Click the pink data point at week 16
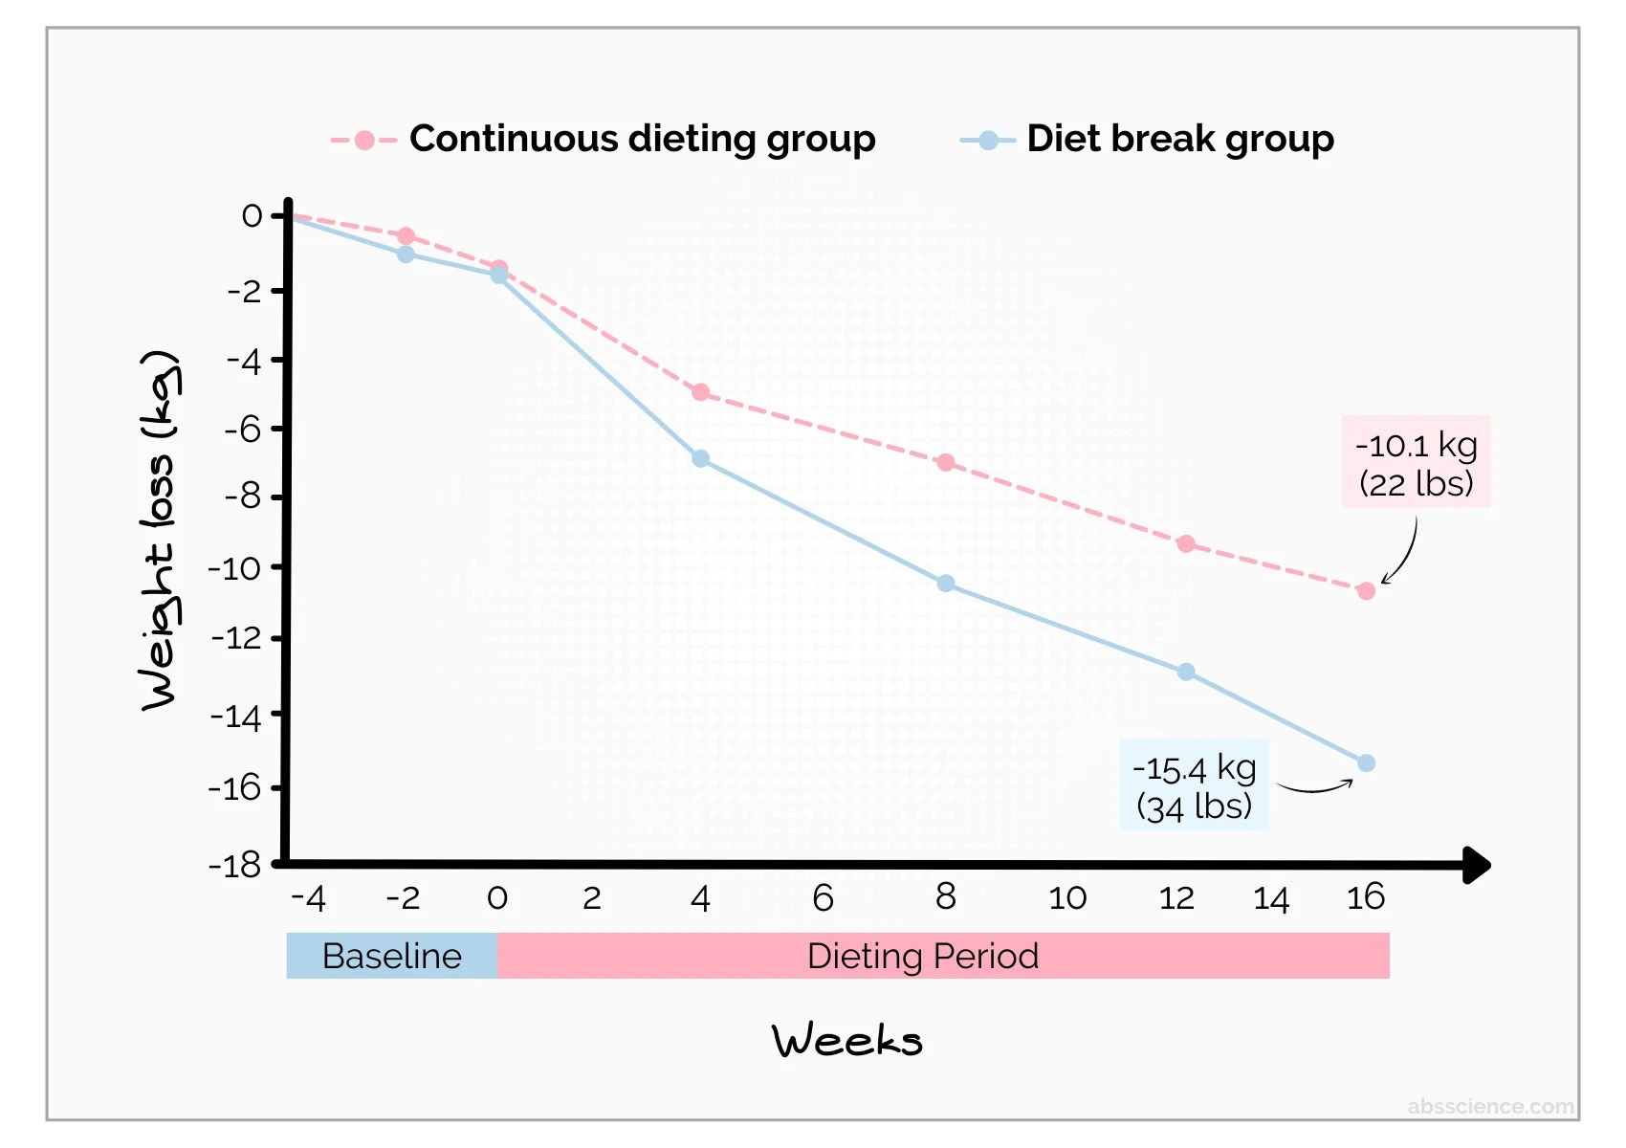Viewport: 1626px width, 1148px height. coord(1366,591)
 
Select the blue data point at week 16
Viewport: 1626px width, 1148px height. coord(1366,763)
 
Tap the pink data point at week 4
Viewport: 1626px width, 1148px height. coord(700,393)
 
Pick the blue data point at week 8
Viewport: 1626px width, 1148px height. coord(945,583)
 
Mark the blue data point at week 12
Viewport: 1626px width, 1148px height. coord(1186,672)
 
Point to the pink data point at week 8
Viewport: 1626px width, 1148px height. coord(945,462)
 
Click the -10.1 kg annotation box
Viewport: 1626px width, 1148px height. coord(1416,462)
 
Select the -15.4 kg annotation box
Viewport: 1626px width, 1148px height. coord(1194,784)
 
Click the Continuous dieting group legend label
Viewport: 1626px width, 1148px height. coord(643,139)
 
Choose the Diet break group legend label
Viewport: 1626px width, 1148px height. coord(1180,139)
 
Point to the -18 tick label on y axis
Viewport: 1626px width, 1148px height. coord(234,866)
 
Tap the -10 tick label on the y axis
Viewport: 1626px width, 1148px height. coord(234,568)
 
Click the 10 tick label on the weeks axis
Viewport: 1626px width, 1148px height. coord(1067,898)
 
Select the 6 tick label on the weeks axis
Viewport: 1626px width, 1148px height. coord(823,898)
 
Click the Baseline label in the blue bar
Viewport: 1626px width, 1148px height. coord(392,956)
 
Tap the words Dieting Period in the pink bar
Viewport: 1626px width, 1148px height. coord(923,956)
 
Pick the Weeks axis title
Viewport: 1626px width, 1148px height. coord(847,1040)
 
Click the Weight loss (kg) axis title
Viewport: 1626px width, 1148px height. coord(160,530)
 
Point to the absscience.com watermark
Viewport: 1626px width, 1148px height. coord(1491,1106)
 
